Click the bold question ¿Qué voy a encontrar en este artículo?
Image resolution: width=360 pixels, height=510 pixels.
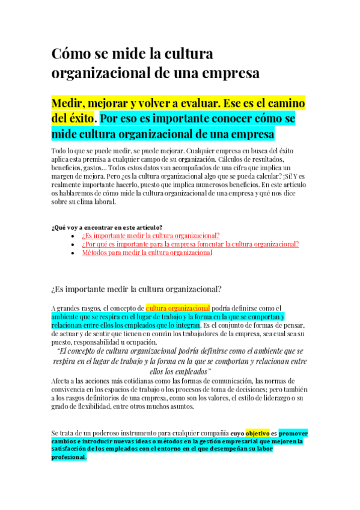click(107, 227)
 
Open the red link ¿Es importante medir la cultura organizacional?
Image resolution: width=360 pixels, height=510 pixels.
click(151, 236)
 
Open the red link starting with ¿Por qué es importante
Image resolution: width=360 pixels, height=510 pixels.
click(191, 244)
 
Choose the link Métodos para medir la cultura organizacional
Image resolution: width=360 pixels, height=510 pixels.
click(147, 253)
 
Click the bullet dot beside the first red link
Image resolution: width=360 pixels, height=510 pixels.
click(73, 236)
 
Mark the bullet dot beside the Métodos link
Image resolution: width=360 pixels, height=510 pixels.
click(73, 253)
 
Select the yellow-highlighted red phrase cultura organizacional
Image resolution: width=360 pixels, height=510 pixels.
click(178, 308)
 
